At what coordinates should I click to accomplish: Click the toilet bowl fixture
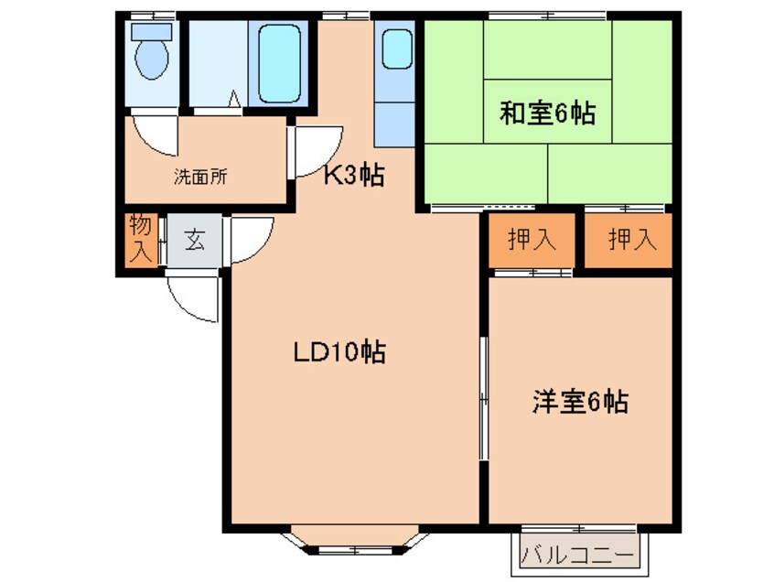coord(152,59)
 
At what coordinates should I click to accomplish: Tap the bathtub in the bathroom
coord(279,64)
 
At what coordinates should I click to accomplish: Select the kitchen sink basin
coord(397,49)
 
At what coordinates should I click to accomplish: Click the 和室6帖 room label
coord(547,113)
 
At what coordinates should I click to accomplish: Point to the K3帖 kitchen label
coord(354,174)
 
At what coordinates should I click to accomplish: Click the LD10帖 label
coord(339,352)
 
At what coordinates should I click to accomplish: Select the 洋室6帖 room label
coord(580,402)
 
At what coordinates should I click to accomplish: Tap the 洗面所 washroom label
coord(200,177)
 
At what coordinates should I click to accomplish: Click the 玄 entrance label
coord(194,240)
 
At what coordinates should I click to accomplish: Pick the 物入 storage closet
coord(141,240)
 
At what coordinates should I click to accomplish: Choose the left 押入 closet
coord(532,240)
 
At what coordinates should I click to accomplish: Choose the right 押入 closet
coord(629,240)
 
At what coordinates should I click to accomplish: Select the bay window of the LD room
coord(355,542)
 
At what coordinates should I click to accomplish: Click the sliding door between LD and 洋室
coord(484,399)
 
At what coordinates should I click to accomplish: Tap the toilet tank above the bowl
coord(152,32)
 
